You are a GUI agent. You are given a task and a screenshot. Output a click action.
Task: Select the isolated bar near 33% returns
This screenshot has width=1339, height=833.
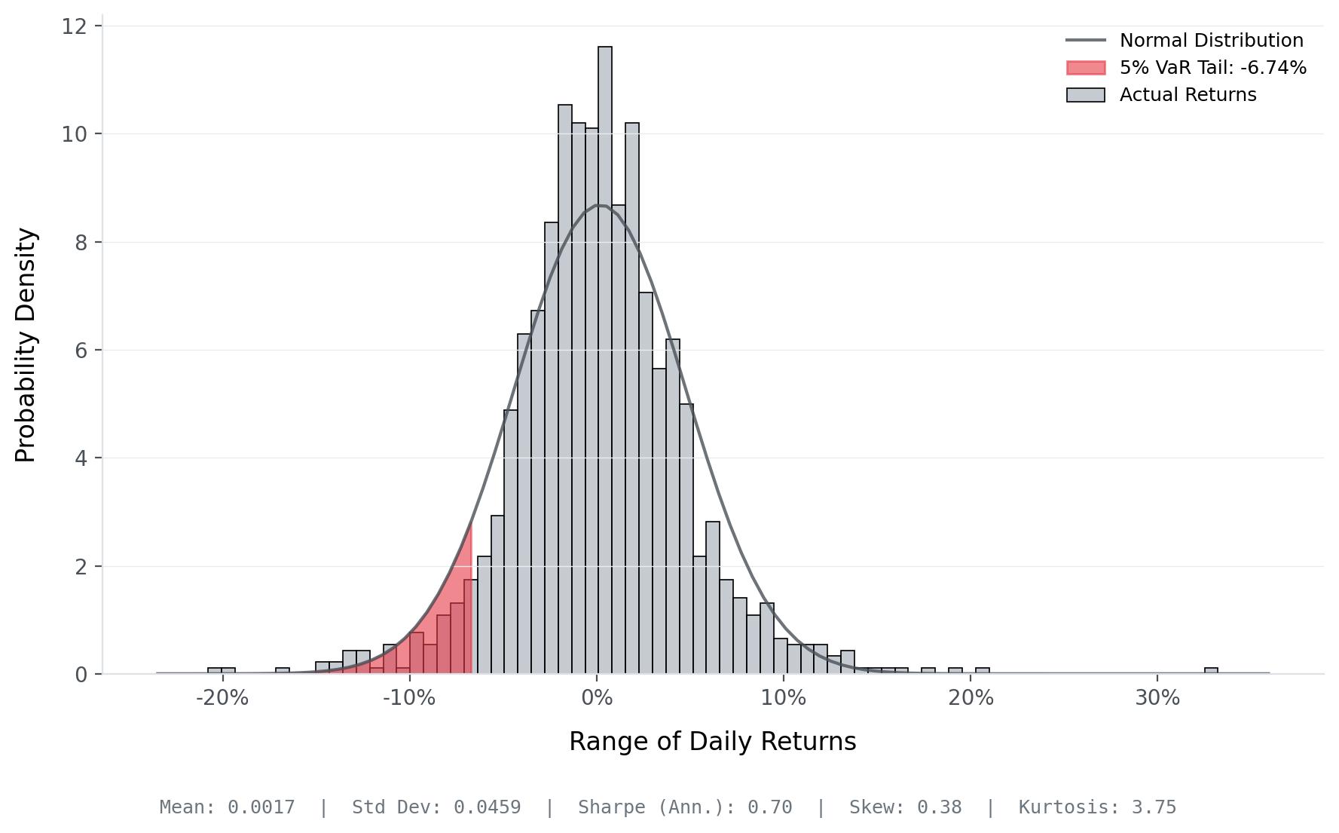coord(1211,670)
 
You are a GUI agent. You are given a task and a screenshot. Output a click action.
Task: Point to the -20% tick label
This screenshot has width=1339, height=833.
coord(222,698)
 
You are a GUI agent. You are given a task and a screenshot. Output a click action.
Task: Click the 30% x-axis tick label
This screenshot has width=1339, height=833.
coord(1157,698)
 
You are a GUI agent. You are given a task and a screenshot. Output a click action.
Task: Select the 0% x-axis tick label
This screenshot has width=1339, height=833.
coord(598,698)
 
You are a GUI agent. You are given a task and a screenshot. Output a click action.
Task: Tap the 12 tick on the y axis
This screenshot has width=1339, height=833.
coord(73,26)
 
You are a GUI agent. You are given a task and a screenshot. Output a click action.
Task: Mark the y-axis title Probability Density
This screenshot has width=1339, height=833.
coord(26,345)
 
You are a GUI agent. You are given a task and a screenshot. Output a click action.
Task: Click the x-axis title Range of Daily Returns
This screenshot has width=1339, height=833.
coord(712,742)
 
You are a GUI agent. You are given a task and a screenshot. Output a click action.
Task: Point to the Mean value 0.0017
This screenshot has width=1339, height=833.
coord(261,807)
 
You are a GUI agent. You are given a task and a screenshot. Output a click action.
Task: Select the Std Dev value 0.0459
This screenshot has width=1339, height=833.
coord(487,807)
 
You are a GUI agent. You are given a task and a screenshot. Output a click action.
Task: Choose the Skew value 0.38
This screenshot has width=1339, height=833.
coord(939,807)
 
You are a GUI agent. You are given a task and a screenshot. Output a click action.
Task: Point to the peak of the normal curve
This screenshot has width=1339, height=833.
coord(599,205)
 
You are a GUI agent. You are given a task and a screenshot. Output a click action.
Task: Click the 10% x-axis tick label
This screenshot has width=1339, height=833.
coord(784,698)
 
